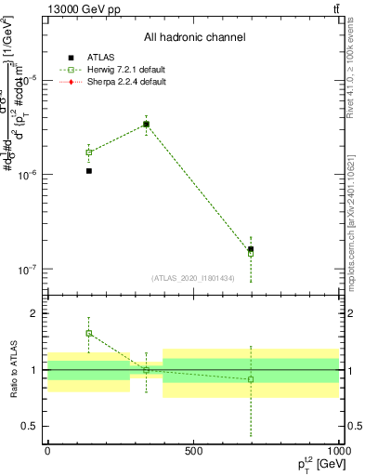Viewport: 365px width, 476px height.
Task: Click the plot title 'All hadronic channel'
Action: (194, 38)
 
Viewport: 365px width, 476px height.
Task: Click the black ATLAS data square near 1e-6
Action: (89, 171)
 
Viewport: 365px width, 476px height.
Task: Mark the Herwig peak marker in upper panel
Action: (146, 124)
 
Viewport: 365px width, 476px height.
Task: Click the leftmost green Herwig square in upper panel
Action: (89, 152)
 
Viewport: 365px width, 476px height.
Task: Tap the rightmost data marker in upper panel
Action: (251, 249)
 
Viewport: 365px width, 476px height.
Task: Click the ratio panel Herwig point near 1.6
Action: (89, 333)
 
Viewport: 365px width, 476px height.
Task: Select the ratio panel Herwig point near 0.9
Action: (251, 379)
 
